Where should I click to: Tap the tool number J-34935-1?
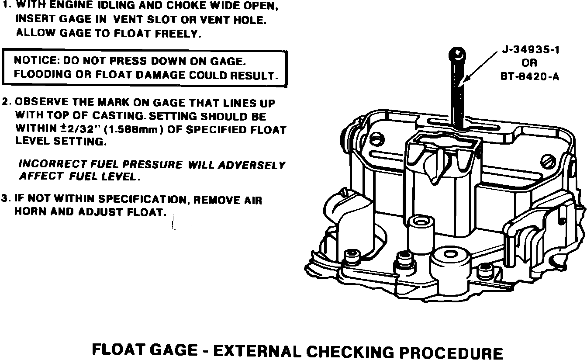[x=530, y=50]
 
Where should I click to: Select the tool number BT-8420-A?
[x=530, y=77]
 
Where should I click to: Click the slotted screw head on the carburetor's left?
[x=376, y=141]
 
